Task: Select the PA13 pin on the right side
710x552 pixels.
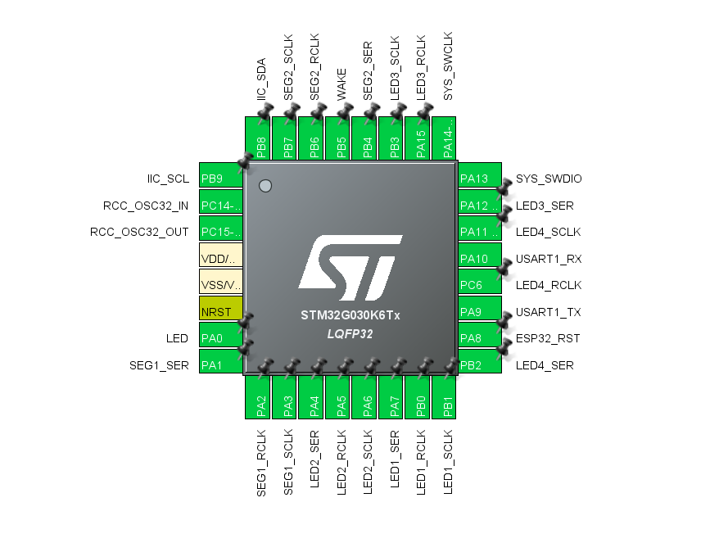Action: (479, 179)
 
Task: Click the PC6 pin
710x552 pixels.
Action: (479, 285)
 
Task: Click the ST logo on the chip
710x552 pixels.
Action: (350, 269)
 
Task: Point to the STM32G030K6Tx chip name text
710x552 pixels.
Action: (350, 314)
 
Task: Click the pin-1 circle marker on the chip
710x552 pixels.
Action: (265, 186)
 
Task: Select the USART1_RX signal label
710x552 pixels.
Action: (548, 259)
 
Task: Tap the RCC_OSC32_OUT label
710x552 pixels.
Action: (139, 232)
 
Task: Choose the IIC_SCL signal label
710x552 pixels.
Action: (168, 179)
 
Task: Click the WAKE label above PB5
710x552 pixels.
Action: (341, 85)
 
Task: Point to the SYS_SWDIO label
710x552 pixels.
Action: (549, 179)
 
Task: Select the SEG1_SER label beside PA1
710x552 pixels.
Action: (159, 365)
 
